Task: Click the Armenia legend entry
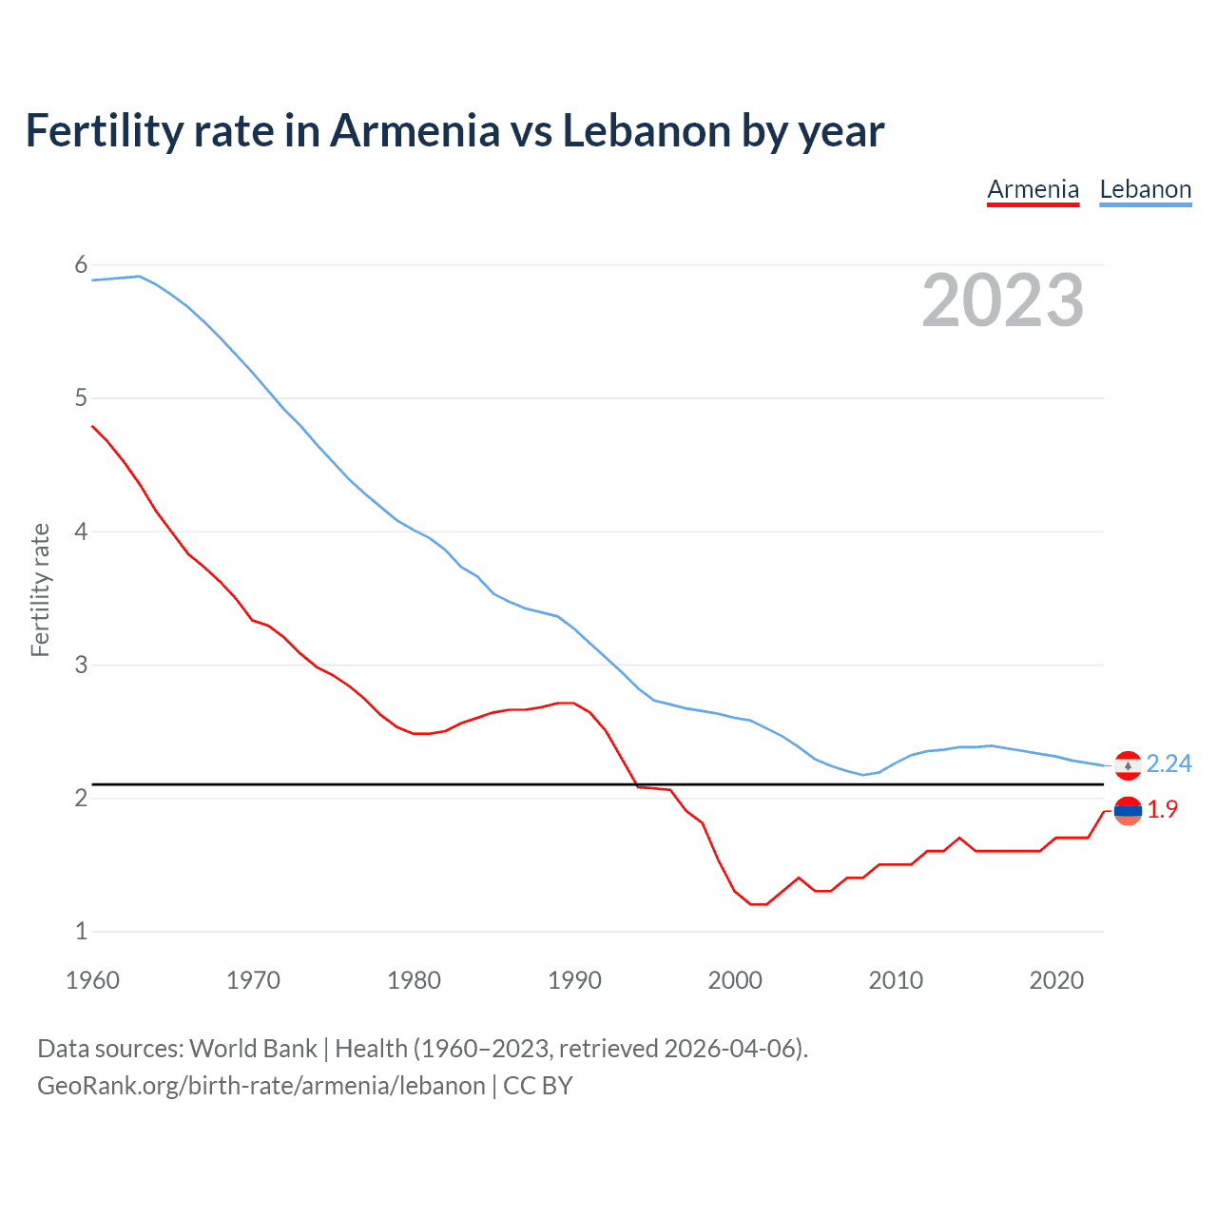pyautogui.click(x=1033, y=189)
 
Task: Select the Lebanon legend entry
pyautogui.click(x=1145, y=189)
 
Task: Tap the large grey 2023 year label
pyautogui.click(x=1002, y=300)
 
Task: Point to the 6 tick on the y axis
pyautogui.click(x=81, y=265)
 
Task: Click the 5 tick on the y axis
pyautogui.click(x=81, y=398)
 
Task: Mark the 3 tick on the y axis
pyautogui.click(x=81, y=665)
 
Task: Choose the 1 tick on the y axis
pyautogui.click(x=81, y=931)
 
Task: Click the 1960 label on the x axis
pyautogui.click(x=92, y=980)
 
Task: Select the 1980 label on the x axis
pyautogui.click(x=414, y=980)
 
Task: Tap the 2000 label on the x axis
pyautogui.click(x=735, y=980)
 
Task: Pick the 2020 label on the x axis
pyautogui.click(x=1056, y=980)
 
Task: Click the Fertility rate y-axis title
pyautogui.click(x=40, y=589)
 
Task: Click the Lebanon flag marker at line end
pyautogui.click(x=1128, y=765)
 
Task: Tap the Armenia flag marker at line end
pyautogui.click(x=1128, y=811)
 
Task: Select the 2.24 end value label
pyautogui.click(x=1169, y=764)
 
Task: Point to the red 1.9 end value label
pyautogui.click(x=1162, y=809)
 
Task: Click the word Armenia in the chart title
pyautogui.click(x=414, y=131)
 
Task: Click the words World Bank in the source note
pyautogui.click(x=253, y=1049)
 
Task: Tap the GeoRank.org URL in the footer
pyautogui.click(x=261, y=1086)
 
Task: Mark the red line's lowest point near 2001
pyautogui.click(x=758, y=904)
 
